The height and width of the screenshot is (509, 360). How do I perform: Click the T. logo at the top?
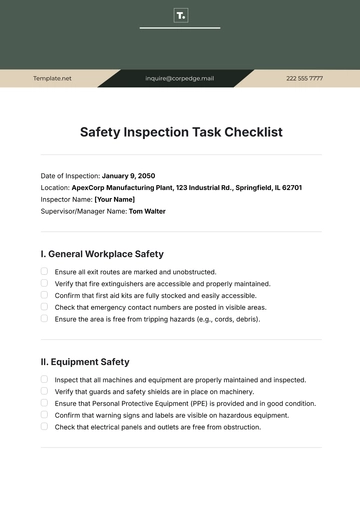[x=180, y=16]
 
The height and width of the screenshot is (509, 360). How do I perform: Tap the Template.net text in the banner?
[x=52, y=77]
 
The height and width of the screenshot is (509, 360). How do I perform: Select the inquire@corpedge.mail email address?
[x=179, y=77]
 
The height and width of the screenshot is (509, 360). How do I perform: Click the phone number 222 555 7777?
[x=304, y=77]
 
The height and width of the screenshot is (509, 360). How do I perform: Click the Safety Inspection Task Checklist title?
[x=180, y=131]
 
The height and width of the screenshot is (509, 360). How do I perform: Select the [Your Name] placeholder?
[x=114, y=199]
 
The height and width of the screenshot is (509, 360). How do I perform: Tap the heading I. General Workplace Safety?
[x=102, y=254]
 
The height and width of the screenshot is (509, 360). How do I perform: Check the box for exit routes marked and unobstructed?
[x=44, y=271]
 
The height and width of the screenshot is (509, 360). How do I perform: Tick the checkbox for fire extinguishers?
[x=44, y=283]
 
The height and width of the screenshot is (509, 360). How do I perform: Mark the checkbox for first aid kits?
[x=44, y=295]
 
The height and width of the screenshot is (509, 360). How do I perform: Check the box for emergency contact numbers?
[x=44, y=307]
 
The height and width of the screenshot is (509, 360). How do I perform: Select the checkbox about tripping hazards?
[x=44, y=319]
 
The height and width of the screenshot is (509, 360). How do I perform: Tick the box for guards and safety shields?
[x=44, y=391]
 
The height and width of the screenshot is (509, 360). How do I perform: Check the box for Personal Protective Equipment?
[x=44, y=403]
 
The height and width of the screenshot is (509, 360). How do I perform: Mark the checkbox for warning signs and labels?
[x=44, y=415]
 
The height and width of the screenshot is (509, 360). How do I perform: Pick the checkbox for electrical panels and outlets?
[x=44, y=427]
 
